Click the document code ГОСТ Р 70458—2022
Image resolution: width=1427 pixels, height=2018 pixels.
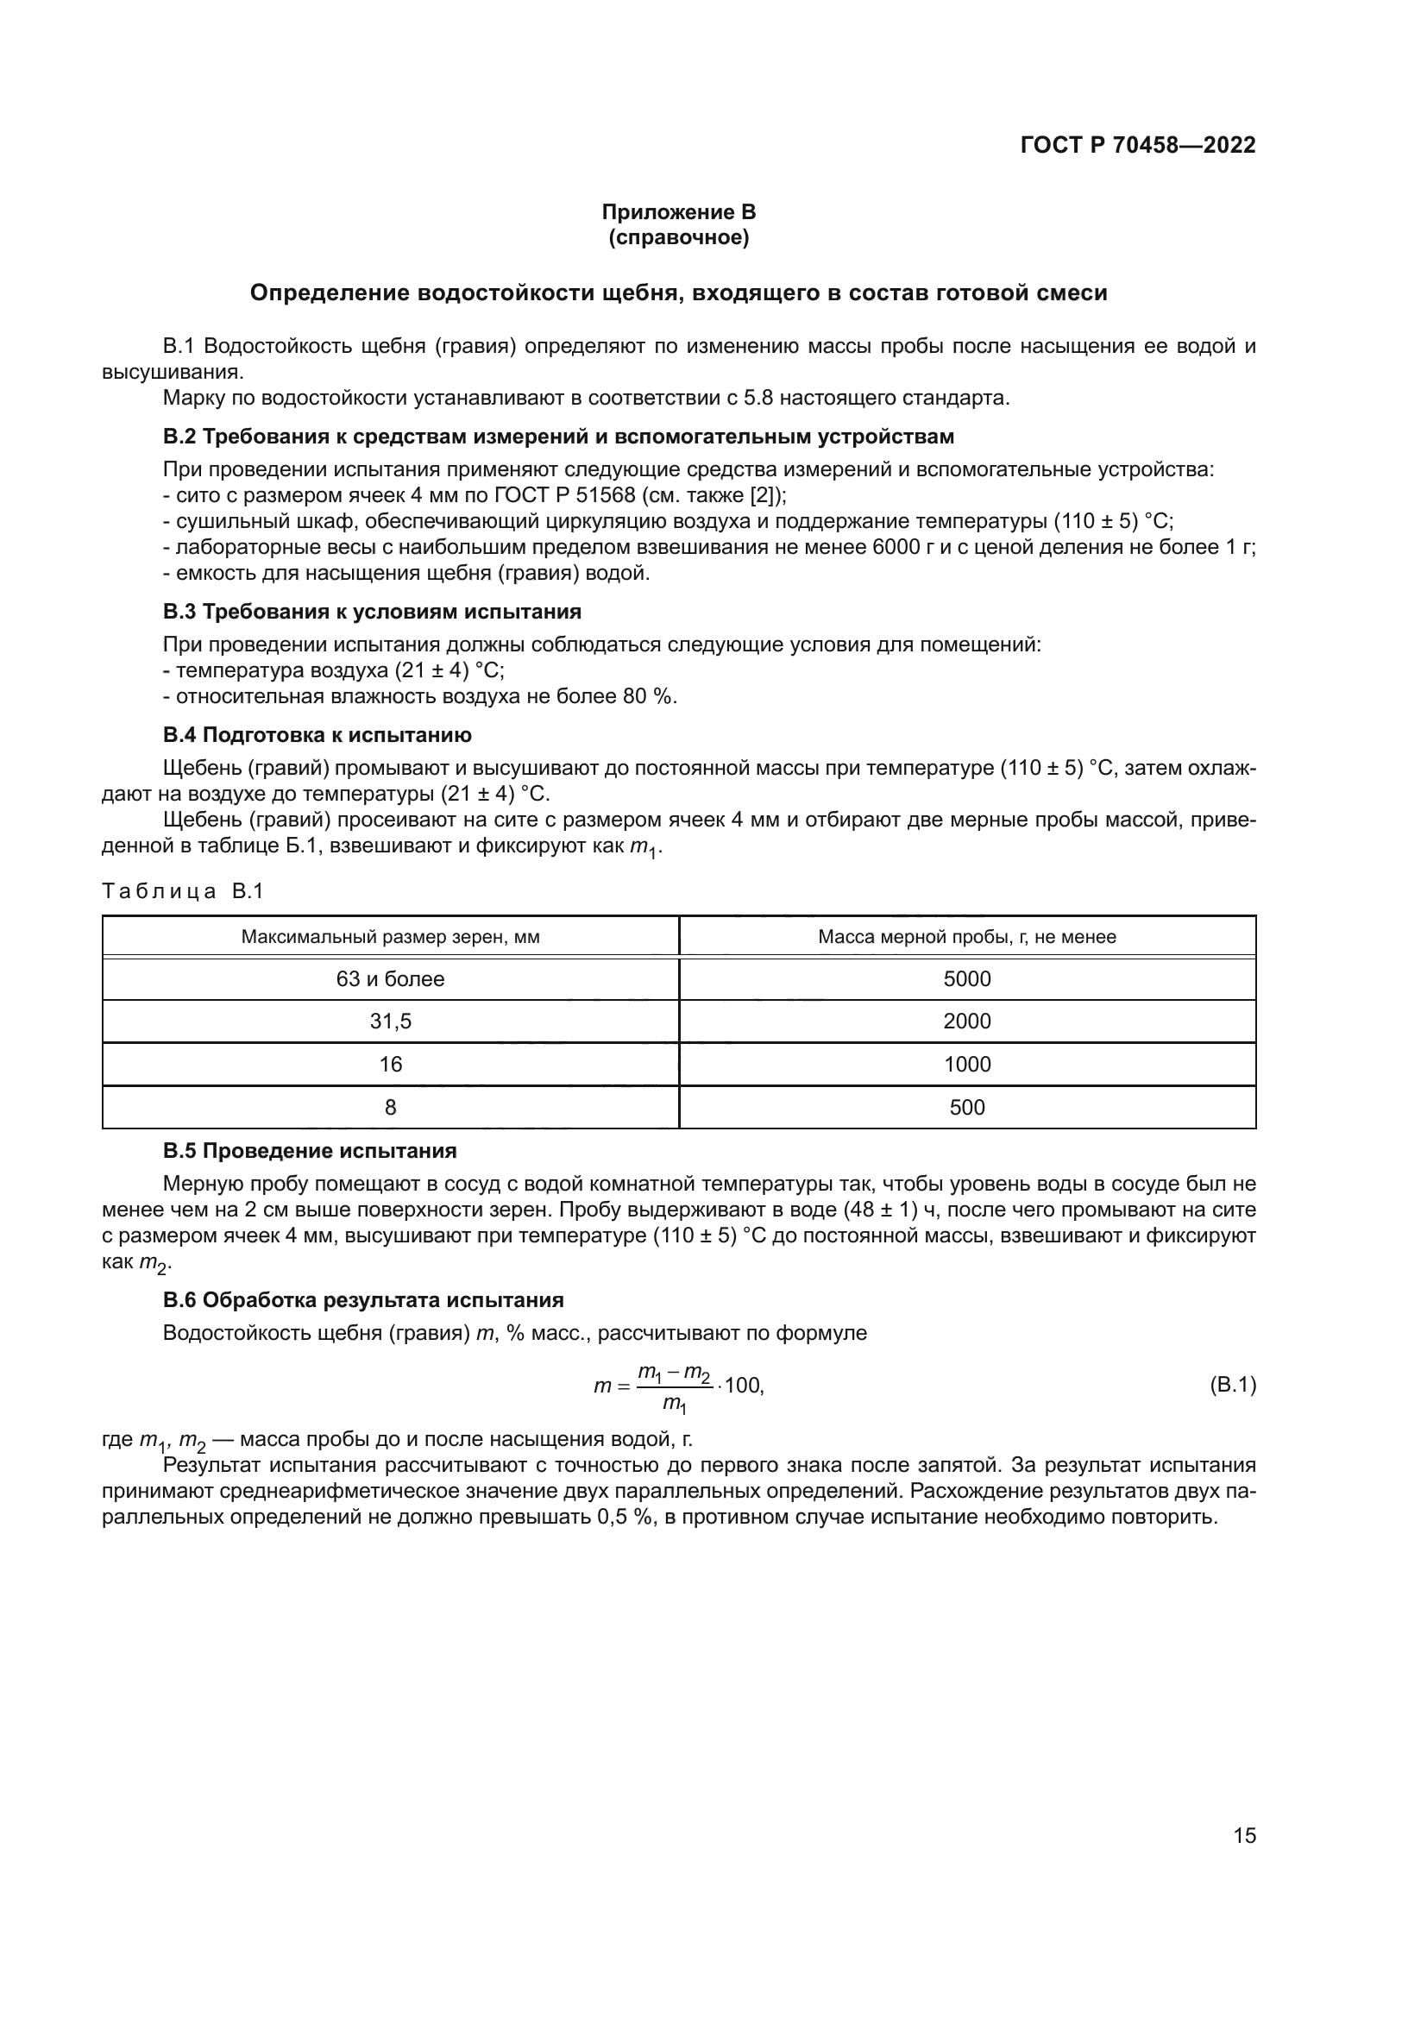pos(1138,145)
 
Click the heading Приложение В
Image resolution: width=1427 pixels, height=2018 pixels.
pos(678,212)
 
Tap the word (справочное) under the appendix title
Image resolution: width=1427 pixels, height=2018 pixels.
pos(678,237)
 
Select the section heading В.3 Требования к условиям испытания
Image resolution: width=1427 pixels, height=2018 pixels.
pos(372,611)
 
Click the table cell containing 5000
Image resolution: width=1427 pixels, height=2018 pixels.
pos(966,979)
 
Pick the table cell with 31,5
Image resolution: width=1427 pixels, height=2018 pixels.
pos(390,1022)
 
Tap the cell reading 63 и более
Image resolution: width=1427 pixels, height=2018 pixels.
pos(390,979)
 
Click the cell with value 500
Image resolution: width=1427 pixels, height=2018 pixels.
pos(966,1108)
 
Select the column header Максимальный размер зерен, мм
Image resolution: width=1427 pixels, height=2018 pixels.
pos(390,937)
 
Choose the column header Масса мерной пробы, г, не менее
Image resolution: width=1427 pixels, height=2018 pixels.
pos(966,937)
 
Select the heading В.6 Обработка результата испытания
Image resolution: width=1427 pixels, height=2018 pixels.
pos(363,1300)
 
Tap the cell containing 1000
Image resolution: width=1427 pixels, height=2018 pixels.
pos(966,1065)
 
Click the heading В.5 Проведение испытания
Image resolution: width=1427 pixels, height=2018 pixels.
pos(310,1152)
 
